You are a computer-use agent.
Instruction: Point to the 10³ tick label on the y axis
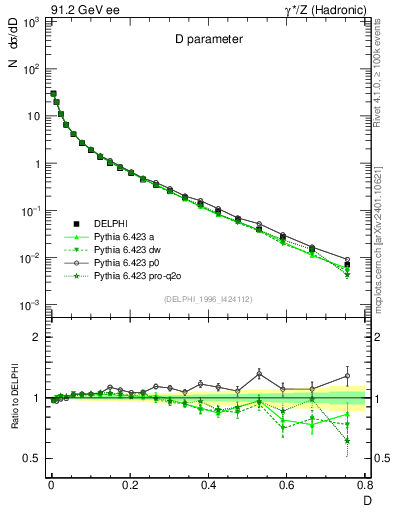(x=31, y=21)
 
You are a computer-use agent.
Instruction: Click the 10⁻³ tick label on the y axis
(x=30, y=304)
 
